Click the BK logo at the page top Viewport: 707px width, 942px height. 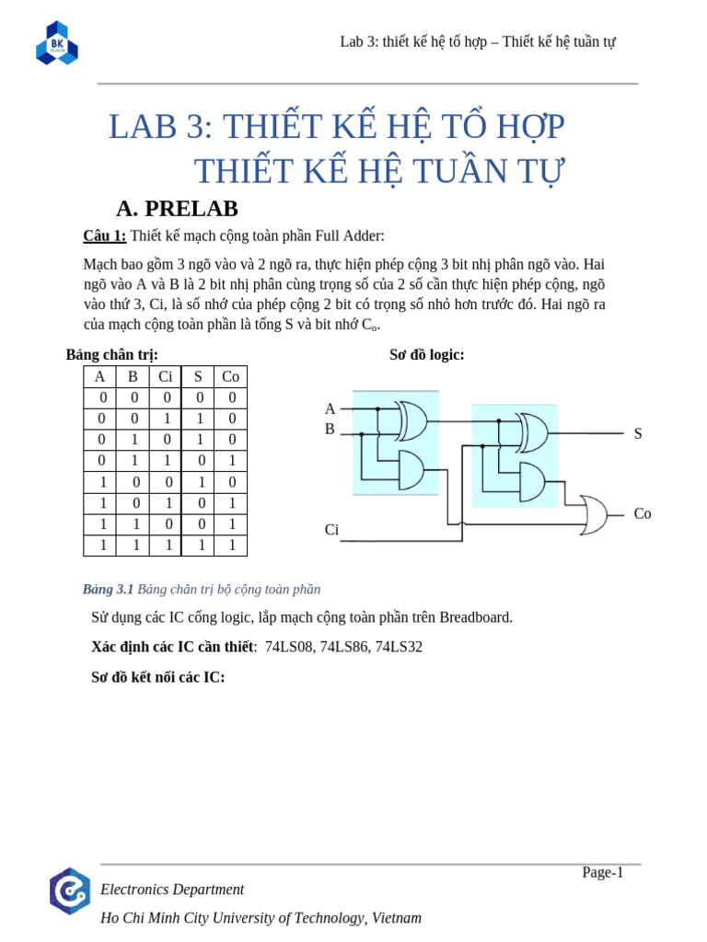[x=57, y=43]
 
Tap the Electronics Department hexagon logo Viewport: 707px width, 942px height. [x=70, y=890]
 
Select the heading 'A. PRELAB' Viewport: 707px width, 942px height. [x=177, y=209]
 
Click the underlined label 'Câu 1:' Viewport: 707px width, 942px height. [x=104, y=235]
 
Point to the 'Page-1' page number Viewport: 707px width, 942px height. [x=602, y=872]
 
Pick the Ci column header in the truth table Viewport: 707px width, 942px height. [x=166, y=376]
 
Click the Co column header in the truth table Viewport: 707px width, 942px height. [x=230, y=376]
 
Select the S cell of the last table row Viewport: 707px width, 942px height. [x=198, y=545]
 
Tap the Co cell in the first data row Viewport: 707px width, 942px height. [x=230, y=397]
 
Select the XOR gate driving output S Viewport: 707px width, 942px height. [x=533, y=432]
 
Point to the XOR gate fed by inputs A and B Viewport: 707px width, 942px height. [x=411, y=420]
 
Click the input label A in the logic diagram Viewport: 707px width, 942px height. [x=330, y=408]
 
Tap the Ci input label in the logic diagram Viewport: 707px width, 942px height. [x=331, y=530]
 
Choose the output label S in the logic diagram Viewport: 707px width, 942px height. [x=638, y=433]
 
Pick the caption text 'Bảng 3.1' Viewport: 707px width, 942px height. [x=108, y=589]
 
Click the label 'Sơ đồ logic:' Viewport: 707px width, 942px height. [x=426, y=354]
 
